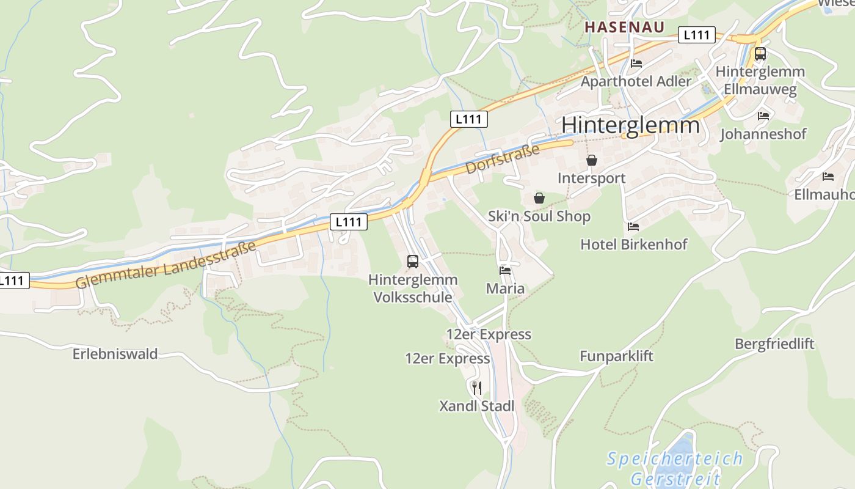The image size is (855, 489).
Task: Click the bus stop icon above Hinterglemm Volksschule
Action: [x=413, y=262]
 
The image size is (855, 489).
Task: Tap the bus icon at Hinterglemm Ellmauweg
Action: [x=760, y=54]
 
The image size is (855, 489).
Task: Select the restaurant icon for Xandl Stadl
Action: [x=477, y=388]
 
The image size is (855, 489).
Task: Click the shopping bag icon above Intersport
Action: [x=591, y=160]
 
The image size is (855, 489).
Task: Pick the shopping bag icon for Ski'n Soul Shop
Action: [x=539, y=198]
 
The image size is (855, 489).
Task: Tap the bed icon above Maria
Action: [x=505, y=270]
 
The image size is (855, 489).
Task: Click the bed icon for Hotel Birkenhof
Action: [x=633, y=227]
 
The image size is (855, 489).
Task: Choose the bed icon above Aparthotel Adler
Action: [x=636, y=63]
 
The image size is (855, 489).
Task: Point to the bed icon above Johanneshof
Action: [x=763, y=116]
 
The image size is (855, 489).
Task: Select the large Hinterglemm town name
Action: [x=630, y=125]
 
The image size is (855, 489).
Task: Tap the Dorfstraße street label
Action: [x=503, y=159]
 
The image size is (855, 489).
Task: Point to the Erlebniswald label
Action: [x=115, y=354]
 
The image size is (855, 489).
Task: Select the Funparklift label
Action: [x=616, y=356]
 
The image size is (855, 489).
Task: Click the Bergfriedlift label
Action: [x=774, y=344]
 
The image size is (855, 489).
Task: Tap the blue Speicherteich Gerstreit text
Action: [x=675, y=468]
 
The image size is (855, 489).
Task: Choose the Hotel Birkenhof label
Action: [x=633, y=244]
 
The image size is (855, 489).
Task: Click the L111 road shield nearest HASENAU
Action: [x=696, y=35]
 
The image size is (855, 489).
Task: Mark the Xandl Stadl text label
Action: [x=477, y=406]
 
